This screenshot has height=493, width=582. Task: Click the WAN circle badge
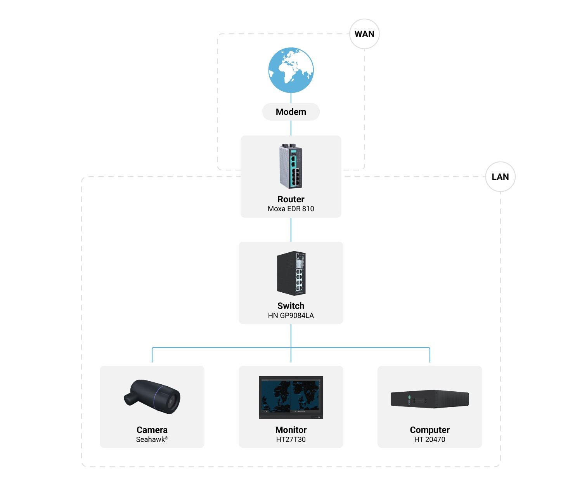point(364,34)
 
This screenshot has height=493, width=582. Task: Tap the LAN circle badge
point(500,177)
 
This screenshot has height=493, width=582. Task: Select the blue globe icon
point(291,70)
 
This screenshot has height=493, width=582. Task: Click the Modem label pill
point(291,112)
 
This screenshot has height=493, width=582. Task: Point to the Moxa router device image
point(291,166)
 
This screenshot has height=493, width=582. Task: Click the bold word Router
point(291,199)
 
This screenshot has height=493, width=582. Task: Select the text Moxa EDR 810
point(291,209)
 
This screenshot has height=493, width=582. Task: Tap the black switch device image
point(291,273)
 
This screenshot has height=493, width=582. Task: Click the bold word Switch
point(291,306)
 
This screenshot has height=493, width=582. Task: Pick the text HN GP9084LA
point(291,316)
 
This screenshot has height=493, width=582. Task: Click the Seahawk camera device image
point(152,396)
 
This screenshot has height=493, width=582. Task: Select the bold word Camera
point(152,430)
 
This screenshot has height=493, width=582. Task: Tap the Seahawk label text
point(151,439)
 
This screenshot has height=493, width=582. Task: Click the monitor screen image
point(291,397)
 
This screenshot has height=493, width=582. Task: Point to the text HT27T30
point(291,439)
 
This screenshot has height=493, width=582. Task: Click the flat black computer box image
point(430,399)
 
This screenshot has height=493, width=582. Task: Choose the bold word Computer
point(430,430)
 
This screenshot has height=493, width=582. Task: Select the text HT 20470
point(430,439)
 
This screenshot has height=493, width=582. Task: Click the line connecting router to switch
point(291,230)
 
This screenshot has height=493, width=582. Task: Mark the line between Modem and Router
point(291,128)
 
